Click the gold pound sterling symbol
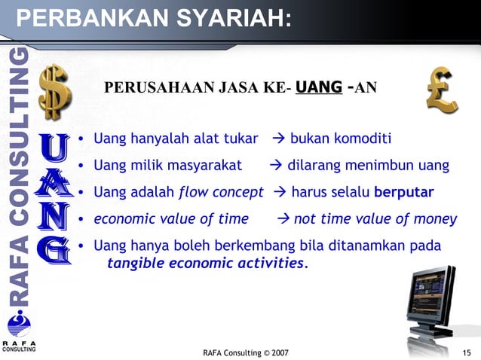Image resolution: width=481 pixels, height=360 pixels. pos(442,90)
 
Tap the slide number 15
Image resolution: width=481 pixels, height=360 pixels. pos(467,352)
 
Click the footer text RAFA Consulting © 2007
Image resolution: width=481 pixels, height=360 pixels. pos(245,352)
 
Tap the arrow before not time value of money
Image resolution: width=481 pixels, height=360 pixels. pos(283,219)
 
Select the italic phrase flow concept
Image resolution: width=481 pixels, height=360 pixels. pos(221,192)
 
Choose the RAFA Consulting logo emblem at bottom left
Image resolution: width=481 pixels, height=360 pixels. pos(18,325)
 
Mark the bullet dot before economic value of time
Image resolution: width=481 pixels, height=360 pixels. pos(81,220)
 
